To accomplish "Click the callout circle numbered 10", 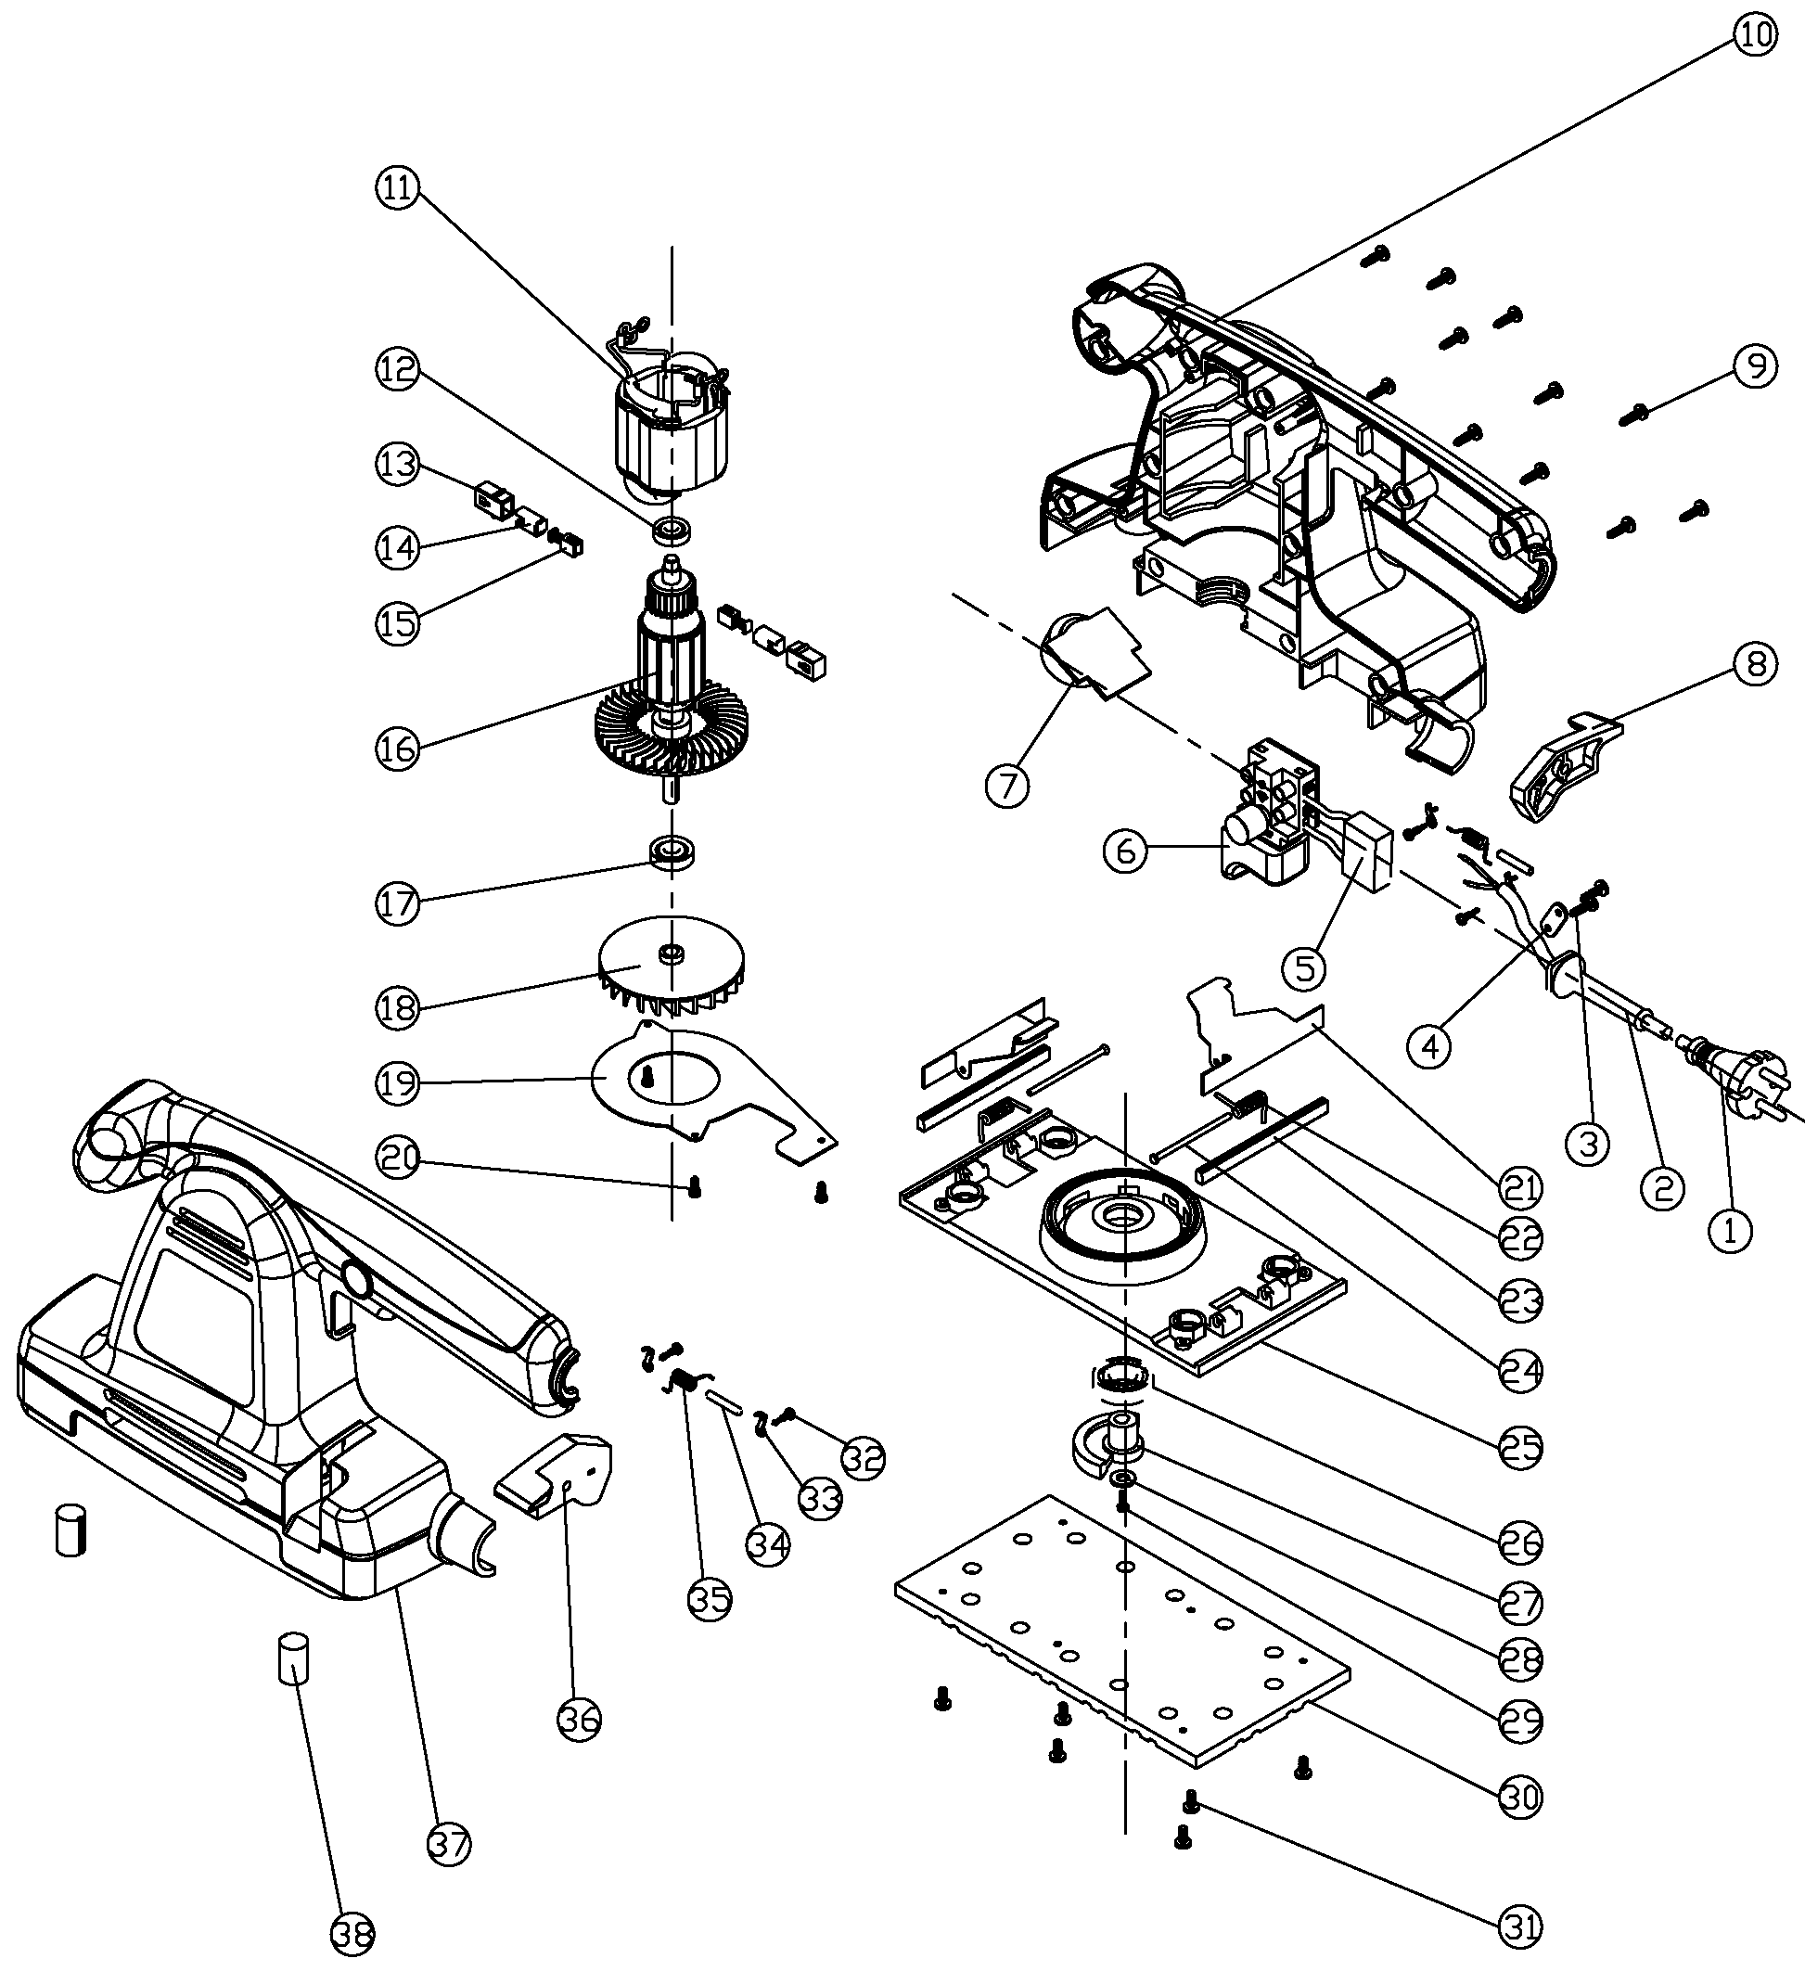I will click(1755, 35).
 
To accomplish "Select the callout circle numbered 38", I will click(352, 1935).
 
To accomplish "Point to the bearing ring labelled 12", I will click(673, 530).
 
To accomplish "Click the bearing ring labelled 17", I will click(673, 851).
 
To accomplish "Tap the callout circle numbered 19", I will click(398, 1083).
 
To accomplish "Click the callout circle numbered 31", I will click(1520, 1926).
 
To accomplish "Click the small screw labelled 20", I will click(696, 1189).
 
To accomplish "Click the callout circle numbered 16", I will click(398, 749).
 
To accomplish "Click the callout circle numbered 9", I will click(1755, 367).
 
